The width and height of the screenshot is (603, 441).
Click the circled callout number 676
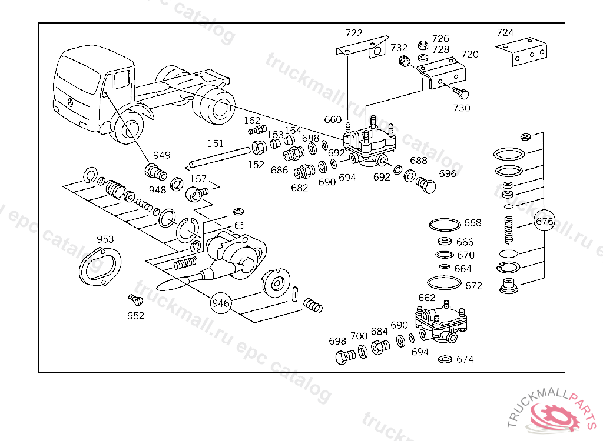pos(545,222)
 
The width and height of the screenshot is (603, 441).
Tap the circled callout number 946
pos(221,303)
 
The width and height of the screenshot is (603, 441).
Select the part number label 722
pos(354,33)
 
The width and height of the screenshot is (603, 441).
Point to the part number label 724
pos(505,33)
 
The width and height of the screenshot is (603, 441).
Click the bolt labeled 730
pos(460,92)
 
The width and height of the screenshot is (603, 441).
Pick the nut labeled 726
pos(423,45)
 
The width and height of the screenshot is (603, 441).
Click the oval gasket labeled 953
pos(100,266)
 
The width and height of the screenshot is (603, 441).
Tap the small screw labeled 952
pos(135,300)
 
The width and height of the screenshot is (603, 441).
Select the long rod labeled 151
pos(220,158)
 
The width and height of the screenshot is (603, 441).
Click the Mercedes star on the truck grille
pos(71,102)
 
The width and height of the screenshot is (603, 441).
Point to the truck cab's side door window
pos(121,79)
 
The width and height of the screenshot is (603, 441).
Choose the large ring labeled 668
pos(445,225)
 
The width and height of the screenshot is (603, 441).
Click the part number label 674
pos(465,359)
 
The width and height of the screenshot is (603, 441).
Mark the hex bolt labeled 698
pos(345,357)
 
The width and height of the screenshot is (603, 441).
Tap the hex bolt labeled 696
pos(426,186)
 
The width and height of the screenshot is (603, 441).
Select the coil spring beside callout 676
pos(508,230)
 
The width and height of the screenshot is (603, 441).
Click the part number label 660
pos(333,119)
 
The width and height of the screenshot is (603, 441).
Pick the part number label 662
pos(426,298)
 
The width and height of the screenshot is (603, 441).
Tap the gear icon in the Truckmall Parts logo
pos(556,416)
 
